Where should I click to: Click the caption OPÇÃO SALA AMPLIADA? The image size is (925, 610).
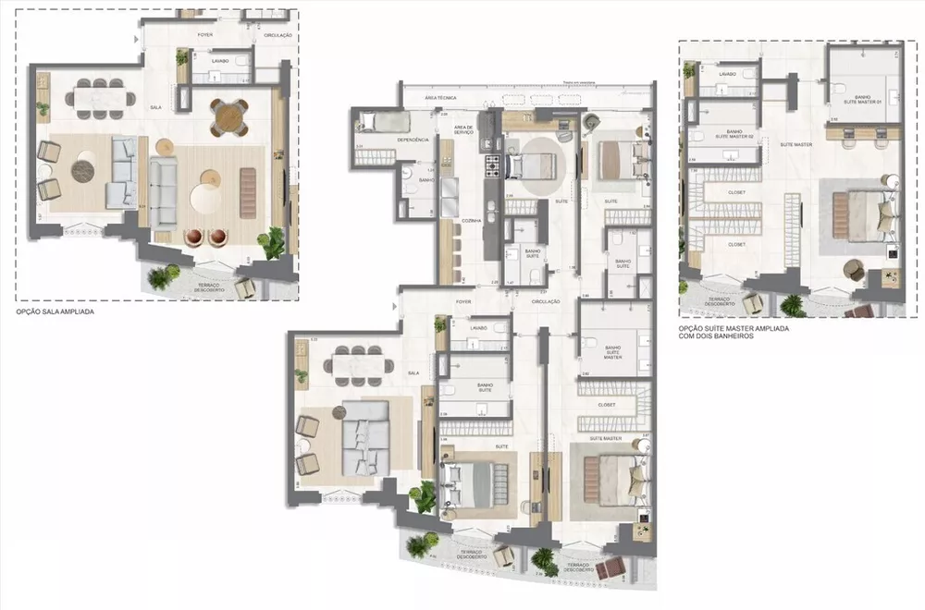[x=55, y=312]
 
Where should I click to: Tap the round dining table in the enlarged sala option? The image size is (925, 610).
[x=228, y=115]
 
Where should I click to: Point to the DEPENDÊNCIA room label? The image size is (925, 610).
[x=411, y=140]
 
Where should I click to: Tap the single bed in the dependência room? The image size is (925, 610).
[x=376, y=121]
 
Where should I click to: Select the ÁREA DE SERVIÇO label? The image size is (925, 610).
[x=463, y=130]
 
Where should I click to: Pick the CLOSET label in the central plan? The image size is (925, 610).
[x=607, y=405]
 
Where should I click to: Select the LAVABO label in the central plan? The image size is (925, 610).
[x=477, y=328]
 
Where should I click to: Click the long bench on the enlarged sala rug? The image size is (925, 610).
[x=248, y=192]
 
